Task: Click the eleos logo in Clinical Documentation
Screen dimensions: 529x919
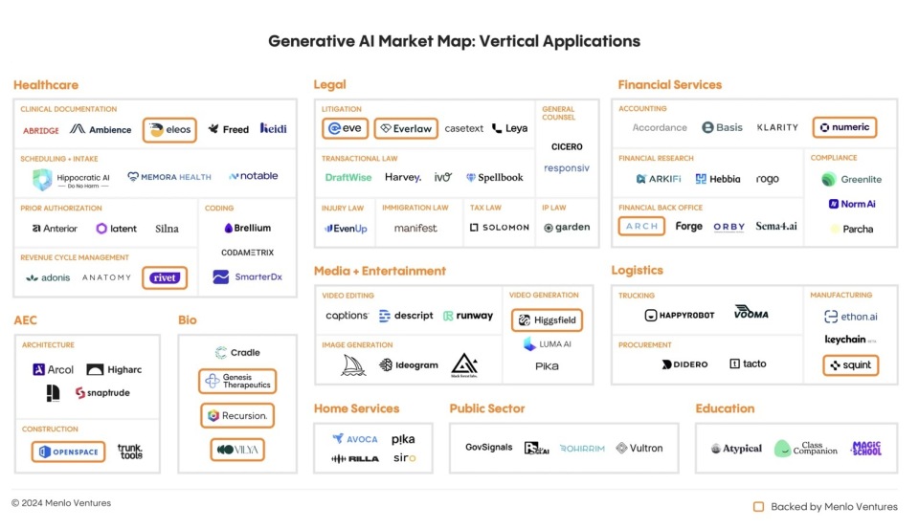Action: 169,129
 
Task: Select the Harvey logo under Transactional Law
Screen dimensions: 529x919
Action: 402,177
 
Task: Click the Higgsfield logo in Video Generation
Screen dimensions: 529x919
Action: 547,320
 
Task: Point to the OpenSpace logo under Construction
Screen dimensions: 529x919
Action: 68,452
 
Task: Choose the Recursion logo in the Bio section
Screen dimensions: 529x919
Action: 236,416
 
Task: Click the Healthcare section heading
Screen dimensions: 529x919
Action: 46,85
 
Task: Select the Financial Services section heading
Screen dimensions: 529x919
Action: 669,85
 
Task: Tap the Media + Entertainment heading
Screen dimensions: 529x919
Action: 380,271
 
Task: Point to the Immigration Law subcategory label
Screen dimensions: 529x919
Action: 415,208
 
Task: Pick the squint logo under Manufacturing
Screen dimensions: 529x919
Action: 850,365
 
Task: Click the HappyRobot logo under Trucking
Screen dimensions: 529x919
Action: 680,315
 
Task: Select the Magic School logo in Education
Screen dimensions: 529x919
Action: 865,448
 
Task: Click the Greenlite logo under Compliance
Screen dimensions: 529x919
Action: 851,179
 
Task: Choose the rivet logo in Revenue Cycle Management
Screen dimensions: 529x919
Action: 164,277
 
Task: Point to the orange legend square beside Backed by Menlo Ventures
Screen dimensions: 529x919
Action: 758,507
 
